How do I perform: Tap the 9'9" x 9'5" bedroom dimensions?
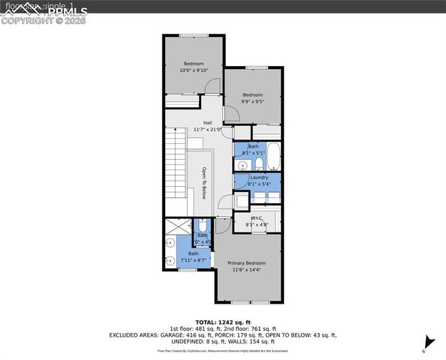tap(252, 101)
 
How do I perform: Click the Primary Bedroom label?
tap(247, 263)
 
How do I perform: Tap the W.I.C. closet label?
tap(253, 218)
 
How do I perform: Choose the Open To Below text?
tap(203, 183)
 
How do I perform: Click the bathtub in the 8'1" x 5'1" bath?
tap(273, 157)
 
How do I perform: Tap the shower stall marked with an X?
tap(178, 226)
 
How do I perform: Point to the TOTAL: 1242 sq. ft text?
tap(223, 321)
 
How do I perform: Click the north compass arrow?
tap(428, 342)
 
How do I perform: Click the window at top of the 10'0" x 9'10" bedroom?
tap(194, 34)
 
